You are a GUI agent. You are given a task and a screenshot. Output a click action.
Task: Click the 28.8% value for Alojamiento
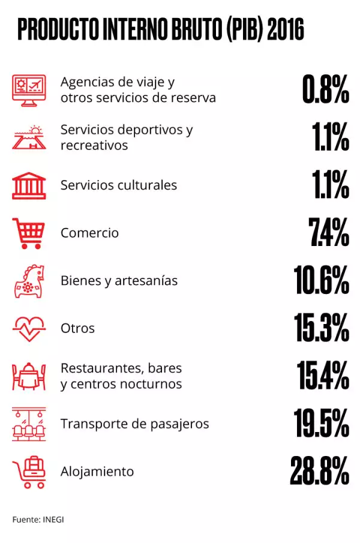point(320,471)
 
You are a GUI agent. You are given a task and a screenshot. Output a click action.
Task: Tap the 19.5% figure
point(322,424)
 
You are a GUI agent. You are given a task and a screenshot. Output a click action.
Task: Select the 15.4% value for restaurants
point(323,376)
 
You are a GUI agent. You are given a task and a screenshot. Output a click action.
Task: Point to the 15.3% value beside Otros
point(322,328)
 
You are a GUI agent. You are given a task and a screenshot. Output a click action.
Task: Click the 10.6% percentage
point(322,280)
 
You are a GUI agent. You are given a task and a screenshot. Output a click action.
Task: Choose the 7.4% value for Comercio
point(329,233)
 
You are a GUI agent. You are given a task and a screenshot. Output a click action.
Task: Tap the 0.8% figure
point(326,90)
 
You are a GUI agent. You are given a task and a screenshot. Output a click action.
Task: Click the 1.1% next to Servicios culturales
point(331,185)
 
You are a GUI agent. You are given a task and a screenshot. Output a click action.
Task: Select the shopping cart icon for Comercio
point(28,233)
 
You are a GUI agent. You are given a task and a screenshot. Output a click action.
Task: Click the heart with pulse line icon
point(28,328)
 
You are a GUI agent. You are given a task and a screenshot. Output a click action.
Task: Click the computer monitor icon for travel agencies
point(28,90)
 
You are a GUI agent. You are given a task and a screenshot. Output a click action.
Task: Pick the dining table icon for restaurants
point(28,376)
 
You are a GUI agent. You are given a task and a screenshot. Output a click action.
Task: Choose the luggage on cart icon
point(28,472)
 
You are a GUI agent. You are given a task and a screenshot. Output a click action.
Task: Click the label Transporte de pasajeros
point(134,424)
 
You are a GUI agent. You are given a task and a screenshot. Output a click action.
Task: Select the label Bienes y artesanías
point(119,280)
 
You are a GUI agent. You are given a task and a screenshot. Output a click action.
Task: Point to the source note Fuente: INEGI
point(38,519)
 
